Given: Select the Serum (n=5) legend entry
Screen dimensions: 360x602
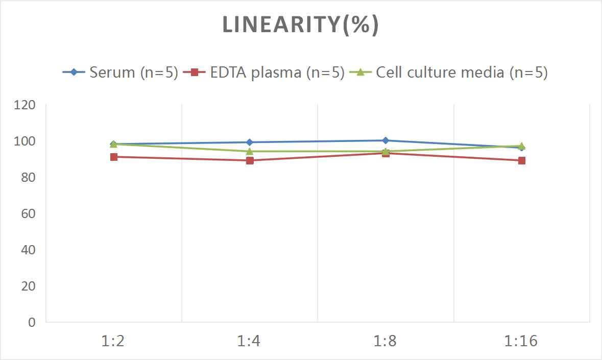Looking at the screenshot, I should click(121, 73).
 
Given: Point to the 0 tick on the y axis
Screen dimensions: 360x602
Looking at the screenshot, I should click(32, 322).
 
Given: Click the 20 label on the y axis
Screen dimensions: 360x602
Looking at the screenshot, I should click(28, 286).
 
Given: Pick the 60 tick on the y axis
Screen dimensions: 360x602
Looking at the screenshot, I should click(28, 213).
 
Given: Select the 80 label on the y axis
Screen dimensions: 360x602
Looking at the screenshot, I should click(28, 177).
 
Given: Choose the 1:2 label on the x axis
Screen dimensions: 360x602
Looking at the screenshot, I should click(113, 341).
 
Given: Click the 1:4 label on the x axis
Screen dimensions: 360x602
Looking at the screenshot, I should click(249, 341).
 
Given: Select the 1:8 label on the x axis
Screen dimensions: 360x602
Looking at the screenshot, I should click(386, 341).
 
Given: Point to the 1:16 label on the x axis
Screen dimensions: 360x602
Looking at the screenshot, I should click(521, 341).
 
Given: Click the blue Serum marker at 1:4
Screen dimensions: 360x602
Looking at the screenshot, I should click(250, 142).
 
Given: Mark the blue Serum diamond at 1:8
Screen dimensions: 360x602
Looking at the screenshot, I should click(386, 140).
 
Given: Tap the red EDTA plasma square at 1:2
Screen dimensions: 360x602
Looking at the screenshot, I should click(114, 157).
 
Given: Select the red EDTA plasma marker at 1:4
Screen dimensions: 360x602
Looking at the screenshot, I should click(250, 160).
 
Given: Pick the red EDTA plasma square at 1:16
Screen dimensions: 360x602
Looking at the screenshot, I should click(522, 160).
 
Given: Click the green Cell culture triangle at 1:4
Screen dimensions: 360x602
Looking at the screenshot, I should click(250, 151).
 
